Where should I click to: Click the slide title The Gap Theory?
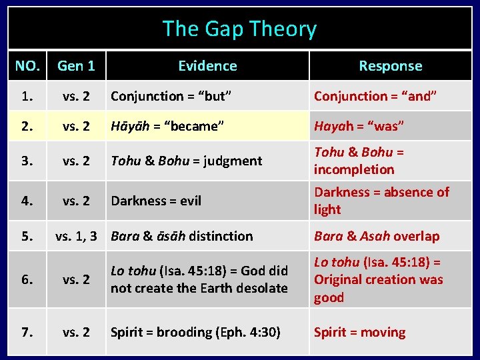pyautogui.click(x=239, y=29)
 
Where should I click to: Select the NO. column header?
pyautogui.click(x=27, y=65)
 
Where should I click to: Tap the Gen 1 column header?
pyautogui.click(x=76, y=65)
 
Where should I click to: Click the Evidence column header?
pyautogui.click(x=207, y=65)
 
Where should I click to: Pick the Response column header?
pyautogui.click(x=390, y=65)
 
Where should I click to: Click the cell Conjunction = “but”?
pyautogui.click(x=171, y=96)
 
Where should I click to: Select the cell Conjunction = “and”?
pyautogui.click(x=375, y=96)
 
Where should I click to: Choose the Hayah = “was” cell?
pyautogui.click(x=359, y=126)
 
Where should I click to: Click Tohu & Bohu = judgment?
pyautogui.click(x=187, y=161)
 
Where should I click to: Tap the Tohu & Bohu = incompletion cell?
pyautogui.click(x=359, y=161)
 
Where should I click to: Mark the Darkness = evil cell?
pyautogui.click(x=156, y=201)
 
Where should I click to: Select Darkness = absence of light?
pyautogui.click(x=381, y=201)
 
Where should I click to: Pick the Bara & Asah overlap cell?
pyautogui.click(x=377, y=236)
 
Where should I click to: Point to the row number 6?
pyautogui.click(x=27, y=279)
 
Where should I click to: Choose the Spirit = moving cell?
pyautogui.click(x=359, y=332)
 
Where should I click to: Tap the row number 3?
pyautogui.click(x=27, y=161)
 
